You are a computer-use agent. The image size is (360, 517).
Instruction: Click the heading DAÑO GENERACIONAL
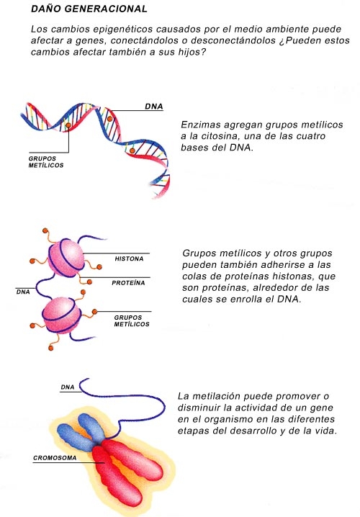pos(89,9)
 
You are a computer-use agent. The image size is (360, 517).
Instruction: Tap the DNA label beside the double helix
pos(154,107)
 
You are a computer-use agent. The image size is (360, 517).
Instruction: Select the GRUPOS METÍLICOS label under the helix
pos(46,162)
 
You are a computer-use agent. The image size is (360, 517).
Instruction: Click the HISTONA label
pos(129,258)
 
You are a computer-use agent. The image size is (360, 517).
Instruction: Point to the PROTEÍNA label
pos(128,283)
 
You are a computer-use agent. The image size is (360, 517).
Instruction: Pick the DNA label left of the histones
pos(23,292)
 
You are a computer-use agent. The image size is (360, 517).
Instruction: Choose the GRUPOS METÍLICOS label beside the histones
pos(132,321)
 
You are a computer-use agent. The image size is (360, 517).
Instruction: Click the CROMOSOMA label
pos(55,458)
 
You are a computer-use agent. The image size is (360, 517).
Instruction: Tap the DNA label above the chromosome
pos(68,387)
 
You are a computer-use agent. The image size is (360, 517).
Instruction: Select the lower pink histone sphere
pos(62,315)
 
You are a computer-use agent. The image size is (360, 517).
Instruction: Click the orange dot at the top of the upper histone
pos(45,230)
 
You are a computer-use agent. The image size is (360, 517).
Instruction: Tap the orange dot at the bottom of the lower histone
pos(51,348)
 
